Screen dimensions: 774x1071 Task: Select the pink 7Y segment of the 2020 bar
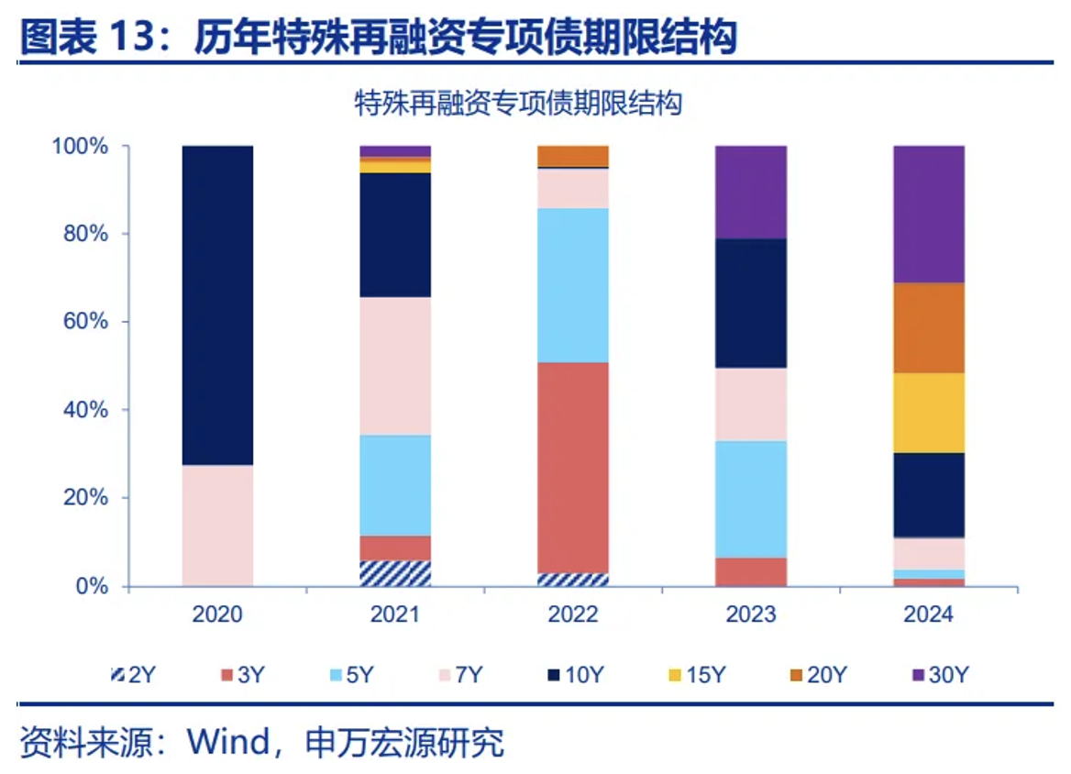217,525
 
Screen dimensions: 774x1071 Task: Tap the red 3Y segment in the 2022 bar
573,468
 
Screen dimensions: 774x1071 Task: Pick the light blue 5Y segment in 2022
573,285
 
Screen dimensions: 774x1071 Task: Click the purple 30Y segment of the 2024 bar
929,214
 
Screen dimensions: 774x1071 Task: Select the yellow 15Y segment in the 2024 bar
929,413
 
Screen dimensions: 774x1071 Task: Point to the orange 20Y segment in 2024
929,327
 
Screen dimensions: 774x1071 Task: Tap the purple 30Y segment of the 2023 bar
751,192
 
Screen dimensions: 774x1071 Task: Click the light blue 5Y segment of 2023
751,499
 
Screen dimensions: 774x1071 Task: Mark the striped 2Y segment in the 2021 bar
395,573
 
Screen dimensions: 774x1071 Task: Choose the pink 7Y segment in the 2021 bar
395,365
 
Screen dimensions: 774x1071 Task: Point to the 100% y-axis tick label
81,147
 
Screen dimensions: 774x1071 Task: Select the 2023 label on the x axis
751,614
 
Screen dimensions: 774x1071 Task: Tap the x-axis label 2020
217,614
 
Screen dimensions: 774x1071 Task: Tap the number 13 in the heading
135,38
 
